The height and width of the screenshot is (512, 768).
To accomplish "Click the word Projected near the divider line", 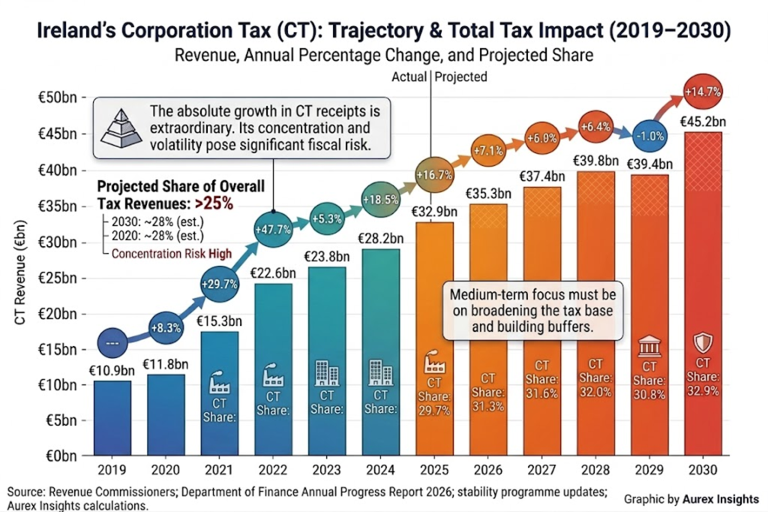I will coord(460,77).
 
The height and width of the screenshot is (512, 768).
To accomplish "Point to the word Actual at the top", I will coord(409,77).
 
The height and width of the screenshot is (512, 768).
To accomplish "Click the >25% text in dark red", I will coord(214,203).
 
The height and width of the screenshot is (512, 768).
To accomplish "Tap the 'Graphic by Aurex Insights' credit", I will coord(691,498).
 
